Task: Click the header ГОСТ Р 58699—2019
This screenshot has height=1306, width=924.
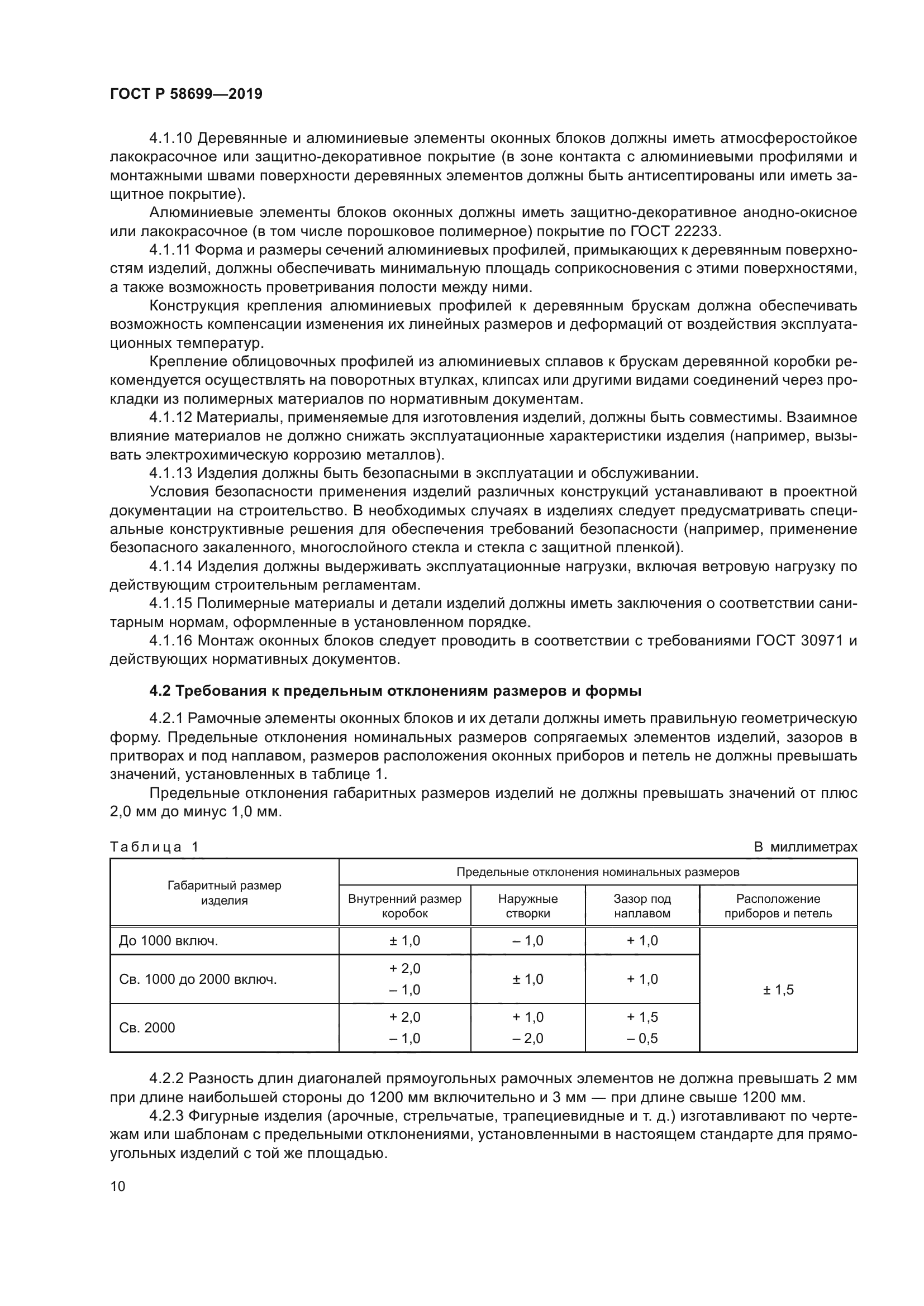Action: tap(186, 94)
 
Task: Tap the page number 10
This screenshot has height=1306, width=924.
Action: tap(118, 1186)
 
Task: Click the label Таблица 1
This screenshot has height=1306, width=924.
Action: tap(154, 847)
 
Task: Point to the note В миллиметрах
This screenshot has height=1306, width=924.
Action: tap(805, 847)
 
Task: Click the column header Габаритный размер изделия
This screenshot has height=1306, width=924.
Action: tap(224, 892)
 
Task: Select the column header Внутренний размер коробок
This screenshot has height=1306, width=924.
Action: tap(404, 906)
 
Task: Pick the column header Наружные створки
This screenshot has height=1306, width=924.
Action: tap(527, 906)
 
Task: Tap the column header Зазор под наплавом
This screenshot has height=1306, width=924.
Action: tap(642, 906)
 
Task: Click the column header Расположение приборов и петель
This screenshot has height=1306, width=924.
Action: tap(778, 906)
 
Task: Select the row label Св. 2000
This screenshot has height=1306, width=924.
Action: tap(147, 1027)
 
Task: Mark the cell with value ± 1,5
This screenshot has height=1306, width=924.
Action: tap(778, 990)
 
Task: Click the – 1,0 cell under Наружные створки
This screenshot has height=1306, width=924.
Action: tap(527, 940)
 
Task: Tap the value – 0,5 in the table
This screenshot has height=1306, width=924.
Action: tap(642, 1038)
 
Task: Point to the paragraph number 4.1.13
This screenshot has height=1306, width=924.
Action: tap(171, 473)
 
